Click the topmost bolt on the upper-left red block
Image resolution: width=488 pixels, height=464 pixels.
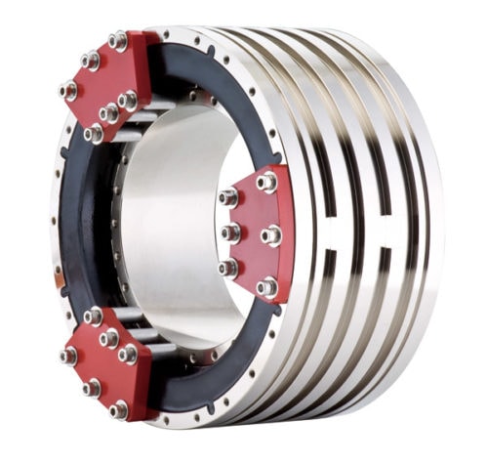tap(118, 41)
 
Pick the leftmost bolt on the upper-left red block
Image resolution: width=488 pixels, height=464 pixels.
tap(68, 91)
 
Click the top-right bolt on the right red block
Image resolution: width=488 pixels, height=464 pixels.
tap(267, 182)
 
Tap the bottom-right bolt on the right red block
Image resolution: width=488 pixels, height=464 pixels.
tap(266, 287)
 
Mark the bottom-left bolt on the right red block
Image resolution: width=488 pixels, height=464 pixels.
tap(227, 267)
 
